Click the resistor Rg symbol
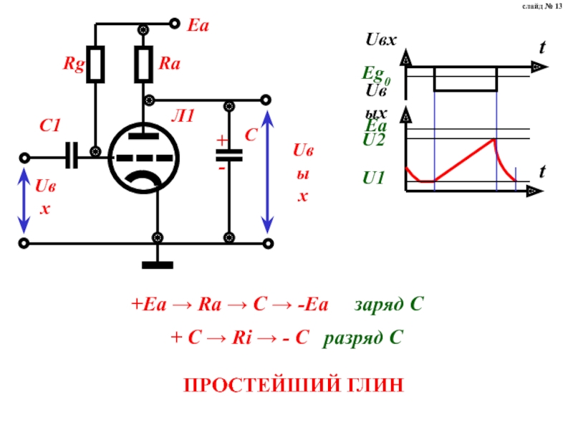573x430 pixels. (x=95, y=64)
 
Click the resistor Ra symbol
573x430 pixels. (x=144, y=64)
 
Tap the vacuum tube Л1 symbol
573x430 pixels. (x=144, y=158)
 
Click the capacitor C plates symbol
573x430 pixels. (x=229, y=156)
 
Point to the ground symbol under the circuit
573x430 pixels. (x=158, y=265)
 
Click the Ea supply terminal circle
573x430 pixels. (x=175, y=24)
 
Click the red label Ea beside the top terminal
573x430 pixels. (x=198, y=26)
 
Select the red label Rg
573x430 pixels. (x=74, y=64)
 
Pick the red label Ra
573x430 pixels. (x=170, y=63)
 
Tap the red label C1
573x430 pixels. (x=50, y=125)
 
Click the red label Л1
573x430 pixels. (x=183, y=116)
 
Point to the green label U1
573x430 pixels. (x=373, y=178)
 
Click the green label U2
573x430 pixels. (x=373, y=140)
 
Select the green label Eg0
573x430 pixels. (x=376, y=75)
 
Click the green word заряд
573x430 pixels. (x=380, y=305)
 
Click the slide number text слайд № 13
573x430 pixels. (x=542, y=6)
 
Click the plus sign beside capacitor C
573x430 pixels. (x=222, y=140)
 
